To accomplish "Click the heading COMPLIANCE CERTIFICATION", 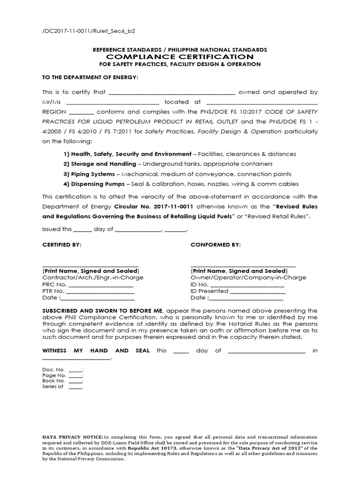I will pos(180,57).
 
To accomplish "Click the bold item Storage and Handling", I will pos(103,164).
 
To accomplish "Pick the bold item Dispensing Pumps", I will pos(97,184).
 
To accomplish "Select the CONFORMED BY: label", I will pos(216,245).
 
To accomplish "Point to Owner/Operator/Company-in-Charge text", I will pos(248,277).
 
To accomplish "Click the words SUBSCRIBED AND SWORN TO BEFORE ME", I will pos(102,311).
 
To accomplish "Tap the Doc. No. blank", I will pos(75,370).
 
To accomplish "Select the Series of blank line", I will pos(75,387).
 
